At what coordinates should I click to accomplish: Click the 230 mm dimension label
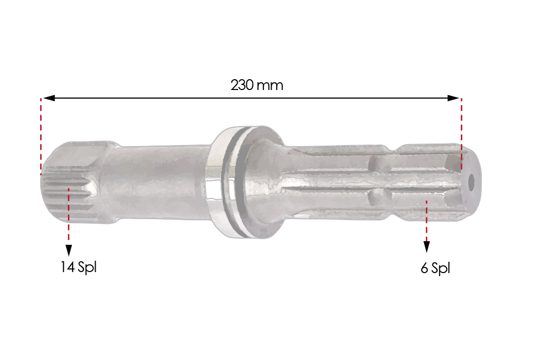pyautogui.click(x=257, y=85)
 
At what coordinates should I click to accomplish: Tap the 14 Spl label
pyautogui.click(x=79, y=267)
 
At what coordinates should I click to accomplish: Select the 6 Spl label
pyautogui.click(x=435, y=268)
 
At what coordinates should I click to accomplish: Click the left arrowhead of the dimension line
pyautogui.click(x=49, y=98)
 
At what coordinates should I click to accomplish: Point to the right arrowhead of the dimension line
pyautogui.click(x=453, y=98)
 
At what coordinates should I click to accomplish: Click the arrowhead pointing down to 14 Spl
pyautogui.click(x=69, y=250)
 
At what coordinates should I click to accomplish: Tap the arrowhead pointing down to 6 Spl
pyautogui.click(x=427, y=247)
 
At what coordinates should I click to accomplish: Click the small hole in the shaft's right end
pyautogui.click(x=471, y=181)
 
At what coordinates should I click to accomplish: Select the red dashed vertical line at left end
pyautogui.click(x=41, y=137)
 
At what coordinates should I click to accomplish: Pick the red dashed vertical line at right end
pyautogui.click(x=461, y=134)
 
